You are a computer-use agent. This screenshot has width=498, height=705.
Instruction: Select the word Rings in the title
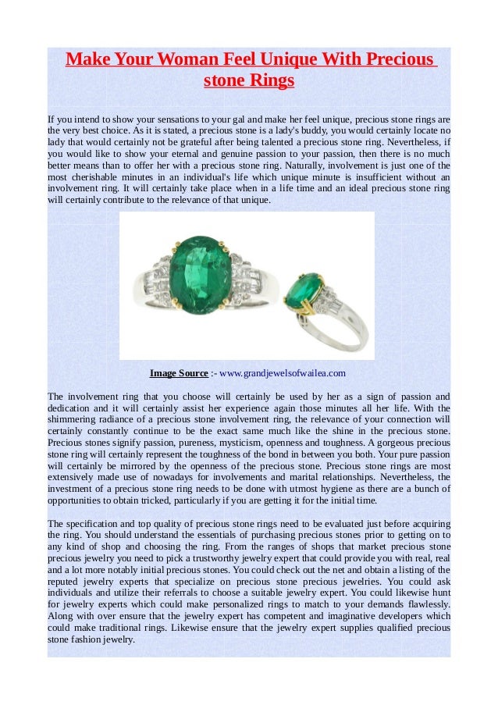tap(272, 81)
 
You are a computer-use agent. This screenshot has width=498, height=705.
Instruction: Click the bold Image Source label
tap(179, 373)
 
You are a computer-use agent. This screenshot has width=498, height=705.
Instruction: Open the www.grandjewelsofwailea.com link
tap(283, 373)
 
